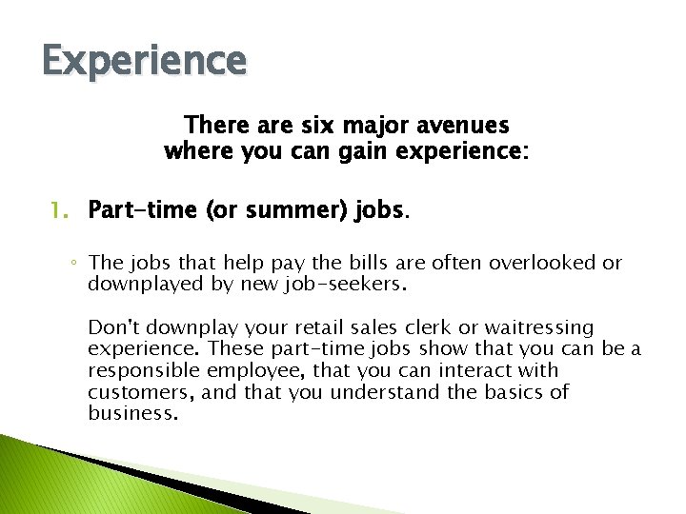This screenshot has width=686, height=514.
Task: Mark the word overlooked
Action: pyautogui.click(x=548, y=264)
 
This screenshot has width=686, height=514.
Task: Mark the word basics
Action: pyautogui.click(x=510, y=392)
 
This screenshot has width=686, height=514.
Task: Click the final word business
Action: pyautogui.click(x=133, y=413)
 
